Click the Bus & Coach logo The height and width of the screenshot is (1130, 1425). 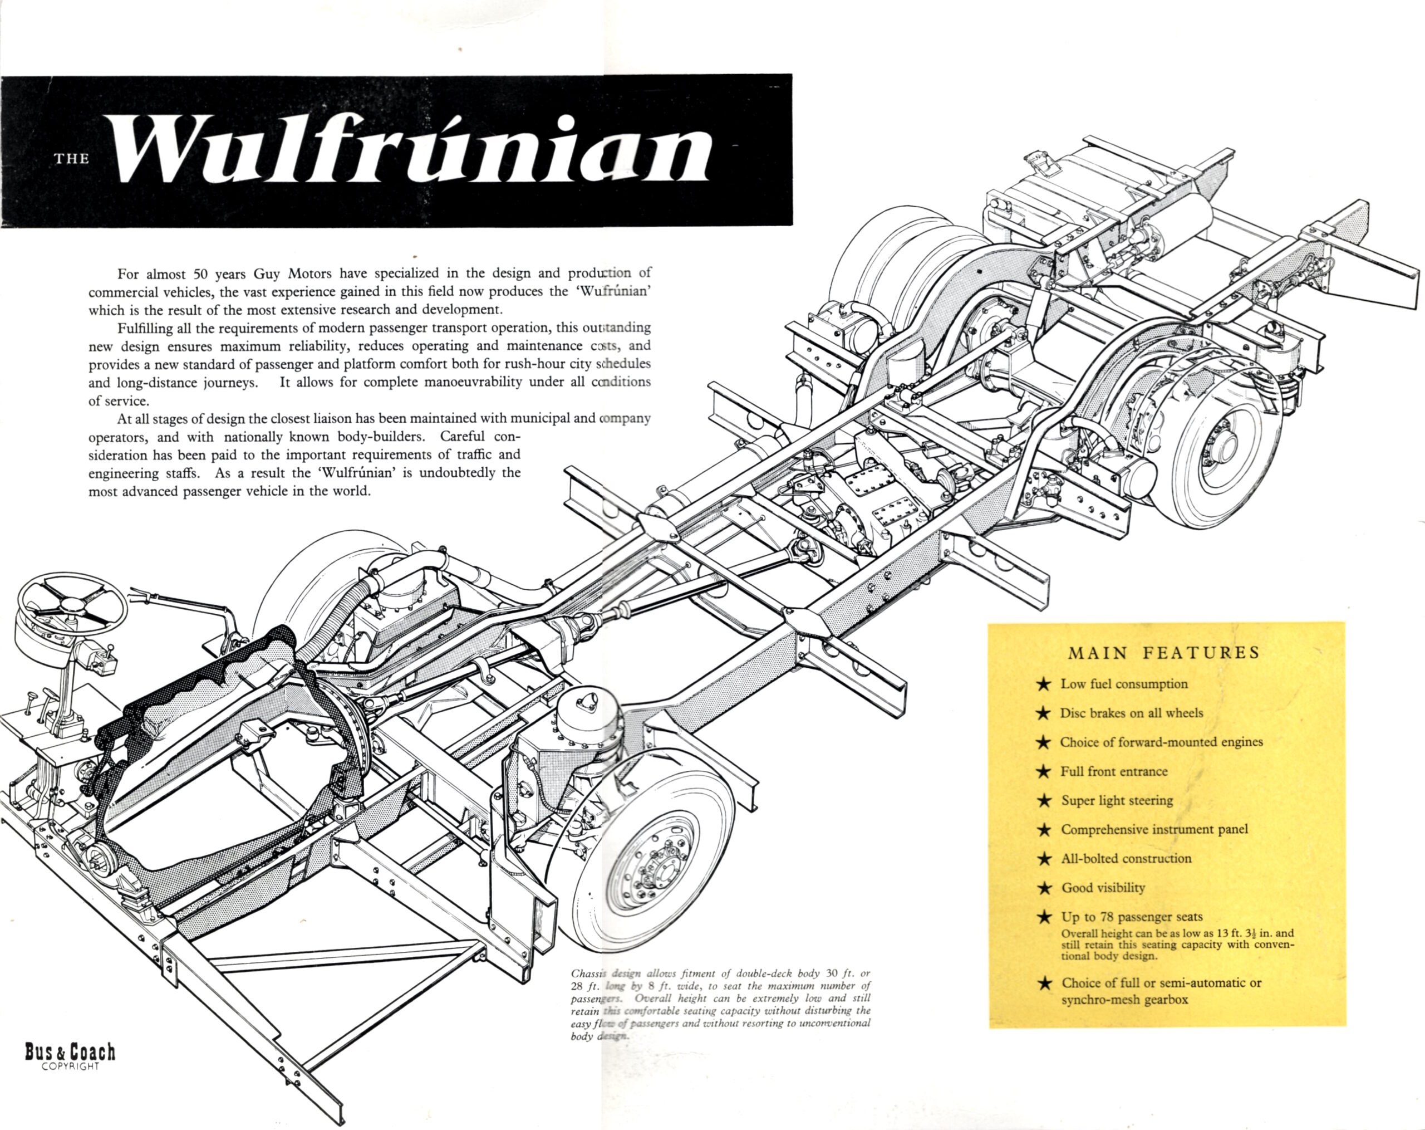(x=70, y=1052)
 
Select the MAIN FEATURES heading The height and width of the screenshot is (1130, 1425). (x=1163, y=653)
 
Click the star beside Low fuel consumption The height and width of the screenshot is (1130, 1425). (x=1043, y=684)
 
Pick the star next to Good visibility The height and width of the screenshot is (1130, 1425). (x=1044, y=888)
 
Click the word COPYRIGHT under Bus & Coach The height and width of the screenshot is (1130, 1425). (x=70, y=1067)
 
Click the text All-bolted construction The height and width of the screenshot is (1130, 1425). (x=1126, y=858)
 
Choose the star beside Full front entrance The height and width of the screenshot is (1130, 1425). (x=1044, y=772)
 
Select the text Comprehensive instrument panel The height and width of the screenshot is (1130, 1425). (x=1154, y=829)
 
